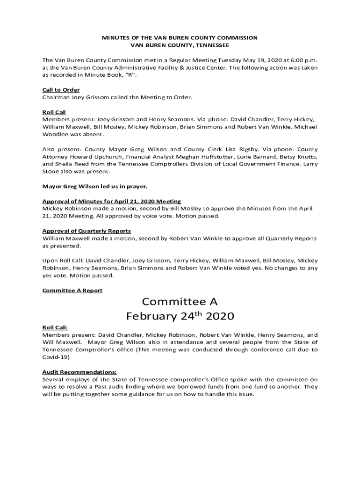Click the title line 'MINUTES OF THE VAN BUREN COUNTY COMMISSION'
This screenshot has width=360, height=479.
[x=180, y=37]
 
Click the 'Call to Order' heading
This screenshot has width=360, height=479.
[x=61, y=90]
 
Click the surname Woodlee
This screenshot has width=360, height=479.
[x=55, y=134]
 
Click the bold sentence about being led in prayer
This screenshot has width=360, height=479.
[x=94, y=186]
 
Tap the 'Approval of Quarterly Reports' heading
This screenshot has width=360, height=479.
[x=86, y=231]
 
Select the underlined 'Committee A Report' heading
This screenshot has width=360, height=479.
[x=72, y=290]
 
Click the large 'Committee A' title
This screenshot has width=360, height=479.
[x=180, y=302]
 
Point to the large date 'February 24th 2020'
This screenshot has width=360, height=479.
[x=180, y=317]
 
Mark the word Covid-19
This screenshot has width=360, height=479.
[x=56, y=357]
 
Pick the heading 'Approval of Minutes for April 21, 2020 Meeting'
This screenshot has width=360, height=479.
[x=112, y=201]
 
